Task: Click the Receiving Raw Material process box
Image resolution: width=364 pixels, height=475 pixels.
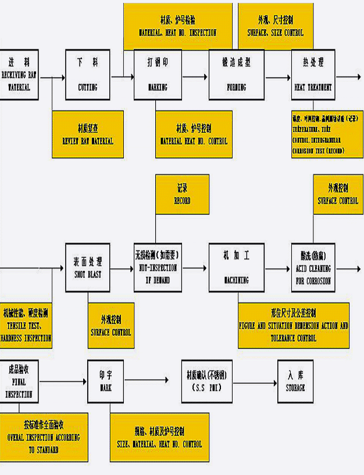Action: coord(19,74)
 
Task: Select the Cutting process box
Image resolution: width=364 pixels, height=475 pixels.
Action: coord(88,74)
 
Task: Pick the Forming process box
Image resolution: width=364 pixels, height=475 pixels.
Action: coord(237,74)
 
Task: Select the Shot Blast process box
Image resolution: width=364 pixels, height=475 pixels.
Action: coord(88,268)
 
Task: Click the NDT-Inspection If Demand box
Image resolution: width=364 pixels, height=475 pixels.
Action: coord(156,268)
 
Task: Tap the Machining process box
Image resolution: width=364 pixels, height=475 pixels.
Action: coord(237,268)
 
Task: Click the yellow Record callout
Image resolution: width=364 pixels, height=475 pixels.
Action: coord(183,195)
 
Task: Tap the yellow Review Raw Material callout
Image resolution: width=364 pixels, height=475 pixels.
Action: coord(88,134)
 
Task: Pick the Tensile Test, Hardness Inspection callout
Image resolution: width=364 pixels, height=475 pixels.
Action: coord(26,325)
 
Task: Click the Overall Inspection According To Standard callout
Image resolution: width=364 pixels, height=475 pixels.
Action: coord(44,436)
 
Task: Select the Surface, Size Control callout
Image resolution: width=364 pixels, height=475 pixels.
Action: coord(276,27)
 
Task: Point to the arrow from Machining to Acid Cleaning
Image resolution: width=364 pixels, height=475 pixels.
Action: coord(277,268)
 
